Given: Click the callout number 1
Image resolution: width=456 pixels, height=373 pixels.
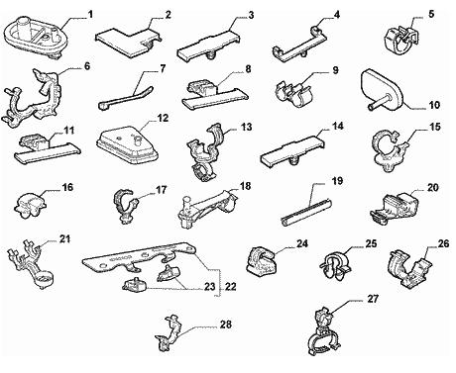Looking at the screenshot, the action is tap(90, 15).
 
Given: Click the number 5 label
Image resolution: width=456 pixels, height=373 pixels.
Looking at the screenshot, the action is tap(431, 14).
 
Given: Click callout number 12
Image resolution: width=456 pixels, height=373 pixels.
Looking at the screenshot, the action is tap(164, 118).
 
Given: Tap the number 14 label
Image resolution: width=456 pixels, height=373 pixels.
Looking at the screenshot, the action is tap(338, 126).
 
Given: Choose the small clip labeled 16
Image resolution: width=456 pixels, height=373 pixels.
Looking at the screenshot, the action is tap(30, 206).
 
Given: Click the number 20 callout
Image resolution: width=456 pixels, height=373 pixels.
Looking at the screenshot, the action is tap(432, 188).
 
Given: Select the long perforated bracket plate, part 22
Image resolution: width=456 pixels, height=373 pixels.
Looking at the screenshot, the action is tap(140, 260).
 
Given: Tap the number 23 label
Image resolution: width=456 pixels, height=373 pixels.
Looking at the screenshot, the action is tap(209, 286).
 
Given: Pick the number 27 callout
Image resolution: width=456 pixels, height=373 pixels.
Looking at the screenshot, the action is tap(373, 299).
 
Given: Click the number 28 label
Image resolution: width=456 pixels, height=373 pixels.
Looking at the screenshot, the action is tap(226, 325).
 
